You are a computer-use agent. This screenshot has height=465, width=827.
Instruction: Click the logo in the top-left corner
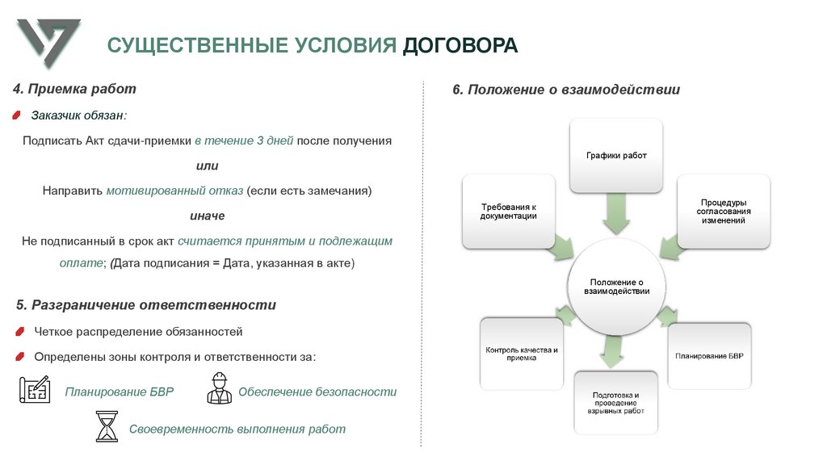click(48, 44)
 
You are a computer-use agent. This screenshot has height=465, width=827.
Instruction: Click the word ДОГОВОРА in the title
click(460, 45)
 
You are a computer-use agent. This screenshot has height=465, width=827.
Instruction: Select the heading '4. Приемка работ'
click(74, 89)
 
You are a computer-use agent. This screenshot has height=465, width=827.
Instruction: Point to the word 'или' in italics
click(207, 165)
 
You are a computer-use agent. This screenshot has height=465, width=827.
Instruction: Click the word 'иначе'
click(207, 216)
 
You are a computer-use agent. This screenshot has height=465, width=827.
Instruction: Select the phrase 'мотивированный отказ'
click(174, 191)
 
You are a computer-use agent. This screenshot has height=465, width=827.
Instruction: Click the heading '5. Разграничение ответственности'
click(146, 305)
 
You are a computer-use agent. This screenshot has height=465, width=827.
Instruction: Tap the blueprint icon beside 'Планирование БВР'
click(35, 390)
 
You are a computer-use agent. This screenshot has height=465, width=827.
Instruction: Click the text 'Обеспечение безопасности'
click(317, 392)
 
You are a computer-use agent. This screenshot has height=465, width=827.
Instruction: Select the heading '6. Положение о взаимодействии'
click(566, 90)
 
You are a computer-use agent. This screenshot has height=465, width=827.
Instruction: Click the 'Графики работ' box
click(616, 155)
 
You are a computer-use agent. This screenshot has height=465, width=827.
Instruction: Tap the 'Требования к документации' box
click(508, 211)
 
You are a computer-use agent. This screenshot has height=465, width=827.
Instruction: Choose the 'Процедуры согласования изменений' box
click(723, 211)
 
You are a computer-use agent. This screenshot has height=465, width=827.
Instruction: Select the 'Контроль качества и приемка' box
click(521, 354)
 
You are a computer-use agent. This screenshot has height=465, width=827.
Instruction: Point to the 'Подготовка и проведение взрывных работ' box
click(615, 403)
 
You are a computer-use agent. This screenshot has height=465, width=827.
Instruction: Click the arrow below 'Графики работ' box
click(616, 216)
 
